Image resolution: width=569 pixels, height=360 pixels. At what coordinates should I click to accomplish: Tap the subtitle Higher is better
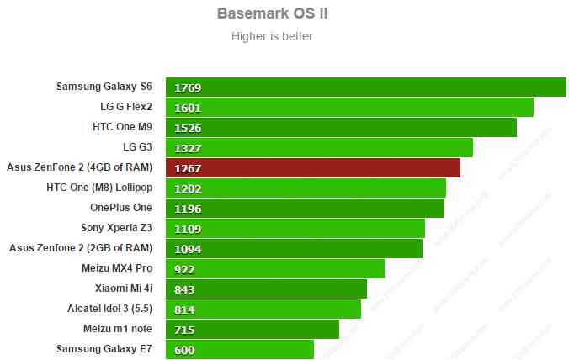(272, 36)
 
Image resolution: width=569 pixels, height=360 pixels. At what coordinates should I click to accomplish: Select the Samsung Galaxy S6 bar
(365, 87)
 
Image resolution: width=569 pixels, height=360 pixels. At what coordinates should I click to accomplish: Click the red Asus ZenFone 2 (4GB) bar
(313, 167)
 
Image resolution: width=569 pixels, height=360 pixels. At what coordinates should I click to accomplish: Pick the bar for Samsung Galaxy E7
(240, 349)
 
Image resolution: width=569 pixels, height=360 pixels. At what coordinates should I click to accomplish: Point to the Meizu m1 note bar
(253, 329)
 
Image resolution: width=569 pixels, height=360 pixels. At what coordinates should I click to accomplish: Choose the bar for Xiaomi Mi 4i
(266, 289)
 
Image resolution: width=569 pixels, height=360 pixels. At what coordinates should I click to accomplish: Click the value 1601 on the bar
(188, 108)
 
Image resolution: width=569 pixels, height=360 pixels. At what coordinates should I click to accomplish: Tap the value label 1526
(188, 128)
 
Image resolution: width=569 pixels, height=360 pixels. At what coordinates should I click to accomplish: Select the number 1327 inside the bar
(188, 148)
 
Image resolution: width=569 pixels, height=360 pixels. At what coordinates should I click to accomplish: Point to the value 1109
(188, 229)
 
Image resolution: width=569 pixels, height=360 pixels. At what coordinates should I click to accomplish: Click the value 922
(184, 269)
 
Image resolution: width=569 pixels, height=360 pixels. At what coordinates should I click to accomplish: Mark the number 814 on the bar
(184, 310)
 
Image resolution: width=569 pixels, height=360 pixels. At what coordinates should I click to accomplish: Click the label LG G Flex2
(126, 107)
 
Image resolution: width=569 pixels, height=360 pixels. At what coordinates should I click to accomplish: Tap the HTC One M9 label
(123, 127)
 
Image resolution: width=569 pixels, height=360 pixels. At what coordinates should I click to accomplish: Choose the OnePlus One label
(121, 208)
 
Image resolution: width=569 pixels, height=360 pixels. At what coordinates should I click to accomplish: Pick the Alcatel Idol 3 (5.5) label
(109, 309)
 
